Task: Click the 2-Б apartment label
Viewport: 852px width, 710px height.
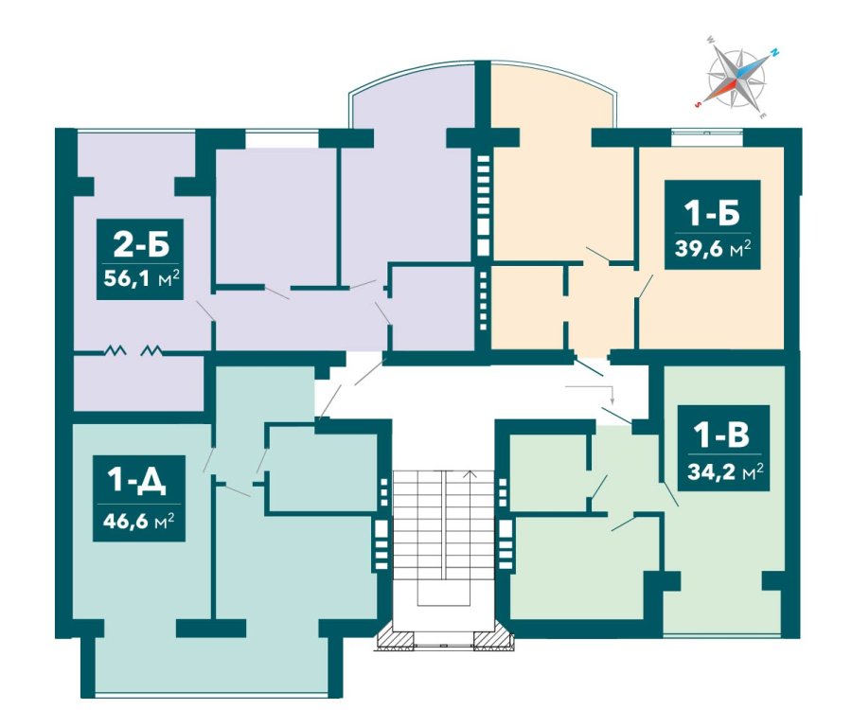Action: [141, 245]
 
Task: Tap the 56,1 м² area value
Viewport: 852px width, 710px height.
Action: [141, 279]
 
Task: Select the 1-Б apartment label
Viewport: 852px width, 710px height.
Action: [712, 213]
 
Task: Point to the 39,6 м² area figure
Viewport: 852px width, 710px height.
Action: [712, 248]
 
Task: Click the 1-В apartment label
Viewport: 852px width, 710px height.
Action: [723, 435]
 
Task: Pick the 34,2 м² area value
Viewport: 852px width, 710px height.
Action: [725, 471]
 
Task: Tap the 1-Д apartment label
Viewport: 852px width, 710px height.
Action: [137, 483]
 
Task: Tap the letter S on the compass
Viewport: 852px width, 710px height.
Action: [698, 105]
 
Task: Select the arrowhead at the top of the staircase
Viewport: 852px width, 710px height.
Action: [470, 473]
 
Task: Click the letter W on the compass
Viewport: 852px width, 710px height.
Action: [710, 40]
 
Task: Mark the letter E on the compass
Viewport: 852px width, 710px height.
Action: [763, 115]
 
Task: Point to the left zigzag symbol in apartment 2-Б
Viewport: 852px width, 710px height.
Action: [115, 350]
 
